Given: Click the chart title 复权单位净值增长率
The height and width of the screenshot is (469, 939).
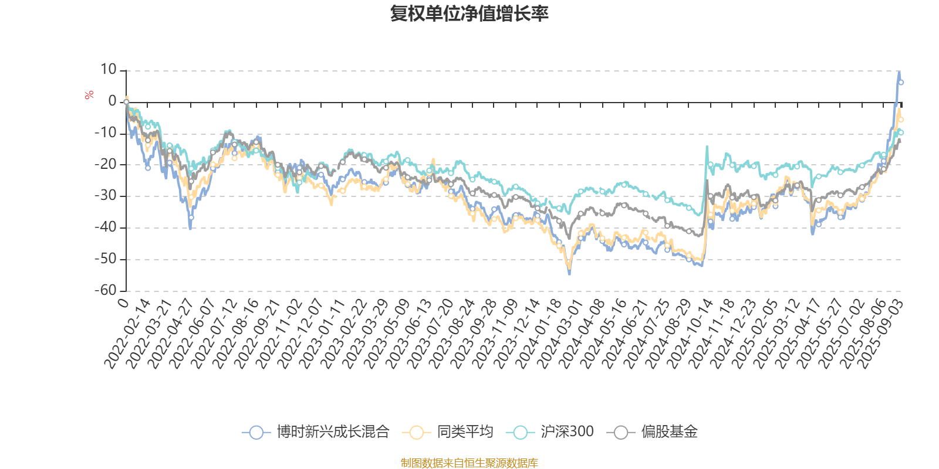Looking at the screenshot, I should pyautogui.click(x=469, y=13).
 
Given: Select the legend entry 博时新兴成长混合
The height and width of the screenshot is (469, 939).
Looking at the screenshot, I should pyautogui.click(x=316, y=433).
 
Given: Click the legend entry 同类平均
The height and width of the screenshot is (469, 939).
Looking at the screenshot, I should pyautogui.click(x=447, y=433).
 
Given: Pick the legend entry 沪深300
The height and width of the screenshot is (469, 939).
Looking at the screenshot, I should pyautogui.click(x=553, y=433).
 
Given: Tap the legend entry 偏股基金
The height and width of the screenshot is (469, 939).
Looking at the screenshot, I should pyautogui.click(x=656, y=433).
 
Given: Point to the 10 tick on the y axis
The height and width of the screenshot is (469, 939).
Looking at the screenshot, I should pyautogui.click(x=109, y=70).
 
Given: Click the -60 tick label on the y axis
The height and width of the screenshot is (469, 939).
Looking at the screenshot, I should pyautogui.click(x=106, y=290).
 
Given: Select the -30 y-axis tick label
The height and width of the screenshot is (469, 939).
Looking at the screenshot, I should pyautogui.click(x=106, y=196).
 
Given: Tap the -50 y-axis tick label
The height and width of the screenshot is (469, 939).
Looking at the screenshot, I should pyautogui.click(x=106, y=259).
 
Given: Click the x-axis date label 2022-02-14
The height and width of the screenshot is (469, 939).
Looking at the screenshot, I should pyautogui.click(x=128, y=335).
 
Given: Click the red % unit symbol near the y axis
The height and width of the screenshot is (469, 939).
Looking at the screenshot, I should pyautogui.click(x=89, y=95).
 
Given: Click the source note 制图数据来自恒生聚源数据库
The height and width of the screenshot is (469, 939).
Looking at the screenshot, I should pyautogui.click(x=469, y=463).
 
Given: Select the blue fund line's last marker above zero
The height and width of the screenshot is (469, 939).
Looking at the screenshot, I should pyautogui.click(x=901, y=83).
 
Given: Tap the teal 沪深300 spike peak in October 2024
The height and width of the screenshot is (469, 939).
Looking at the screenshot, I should pyautogui.click(x=707, y=147).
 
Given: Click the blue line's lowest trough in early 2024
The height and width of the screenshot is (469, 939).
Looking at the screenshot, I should pyautogui.click(x=569, y=273).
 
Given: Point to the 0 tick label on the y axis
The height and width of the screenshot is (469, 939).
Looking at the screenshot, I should pyautogui.click(x=112, y=101).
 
